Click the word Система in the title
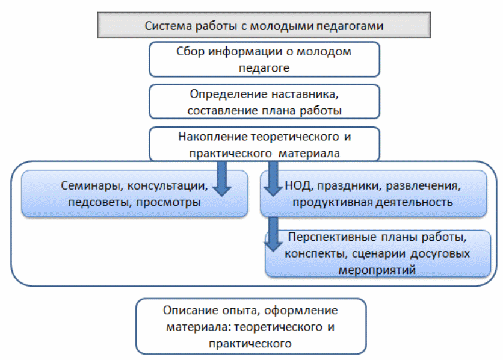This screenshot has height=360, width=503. pos(165,26)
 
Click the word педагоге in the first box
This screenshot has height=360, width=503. pos(264,67)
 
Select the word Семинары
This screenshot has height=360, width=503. pos(87,184)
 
